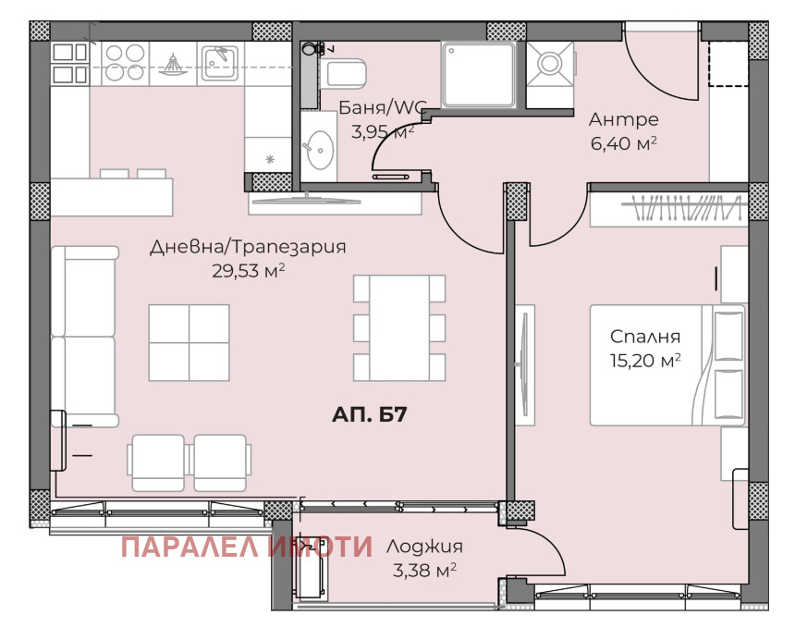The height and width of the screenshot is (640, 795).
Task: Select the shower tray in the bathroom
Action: pyautogui.click(x=479, y=75)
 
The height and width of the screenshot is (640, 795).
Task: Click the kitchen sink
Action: pyautogui.click(x=220, y=63)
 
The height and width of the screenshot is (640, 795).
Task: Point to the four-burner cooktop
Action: pyautogui.click(x=125, y=63)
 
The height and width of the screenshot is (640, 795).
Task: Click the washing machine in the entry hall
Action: pyautogui.click(x=550, y=65)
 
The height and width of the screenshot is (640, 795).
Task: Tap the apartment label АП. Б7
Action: pyautogui.click(x=370, y=415)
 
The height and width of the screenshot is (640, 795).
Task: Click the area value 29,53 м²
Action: pyautogui.click(x=248, y=271)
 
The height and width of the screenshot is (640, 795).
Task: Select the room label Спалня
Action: pyautogui.click(x=645, y=337)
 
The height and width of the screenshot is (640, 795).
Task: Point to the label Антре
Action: pyautogui.click(x=624, y=119)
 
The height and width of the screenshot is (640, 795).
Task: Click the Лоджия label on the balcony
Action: pyautogui.click(x=424, y=547)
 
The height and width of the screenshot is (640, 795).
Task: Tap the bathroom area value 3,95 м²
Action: pyautogui.click(x=384, y=132)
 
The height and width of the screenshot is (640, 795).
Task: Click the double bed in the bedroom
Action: pyautogui.click(x=667, y=365)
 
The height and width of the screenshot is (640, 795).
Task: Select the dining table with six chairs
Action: pyautogui.click(x=399, y=328)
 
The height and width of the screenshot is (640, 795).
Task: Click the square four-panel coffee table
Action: pyautogui.click(x=190, y=343)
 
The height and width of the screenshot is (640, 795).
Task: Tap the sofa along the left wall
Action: pyautogui.click(x=85, y=337)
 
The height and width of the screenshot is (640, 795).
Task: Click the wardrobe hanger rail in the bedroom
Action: pyautogui.click(x=682, y=208)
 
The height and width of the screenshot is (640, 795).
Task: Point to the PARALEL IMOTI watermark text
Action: pyautogui.click(x=247, y=547)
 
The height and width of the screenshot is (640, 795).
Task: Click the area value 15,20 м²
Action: pyautogui.click(x=645, y=361)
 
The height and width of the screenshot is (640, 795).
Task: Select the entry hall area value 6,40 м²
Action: pyautogui.click(x=624, y=143)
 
